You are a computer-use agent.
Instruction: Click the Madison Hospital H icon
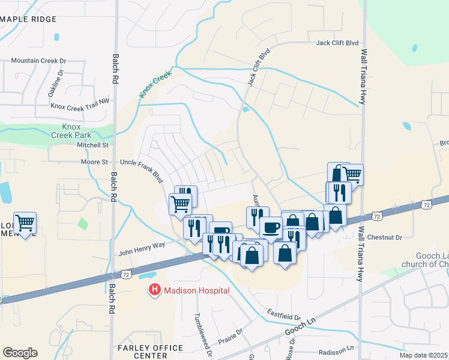tap(154, 290)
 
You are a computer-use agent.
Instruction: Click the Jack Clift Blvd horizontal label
tap(337, 43)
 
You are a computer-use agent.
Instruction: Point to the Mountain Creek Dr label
tap(38, 61)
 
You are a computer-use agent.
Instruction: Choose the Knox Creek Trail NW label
tap(81, 106)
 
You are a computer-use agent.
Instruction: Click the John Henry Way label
tap(142, 245)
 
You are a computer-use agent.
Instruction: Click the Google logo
tap(20, 353)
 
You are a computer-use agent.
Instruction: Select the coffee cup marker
tap(271, 227)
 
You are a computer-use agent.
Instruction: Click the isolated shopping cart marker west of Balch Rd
tap(25, 223)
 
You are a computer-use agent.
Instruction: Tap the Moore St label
tap(94, 162)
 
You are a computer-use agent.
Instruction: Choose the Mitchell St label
tap(92, 145)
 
